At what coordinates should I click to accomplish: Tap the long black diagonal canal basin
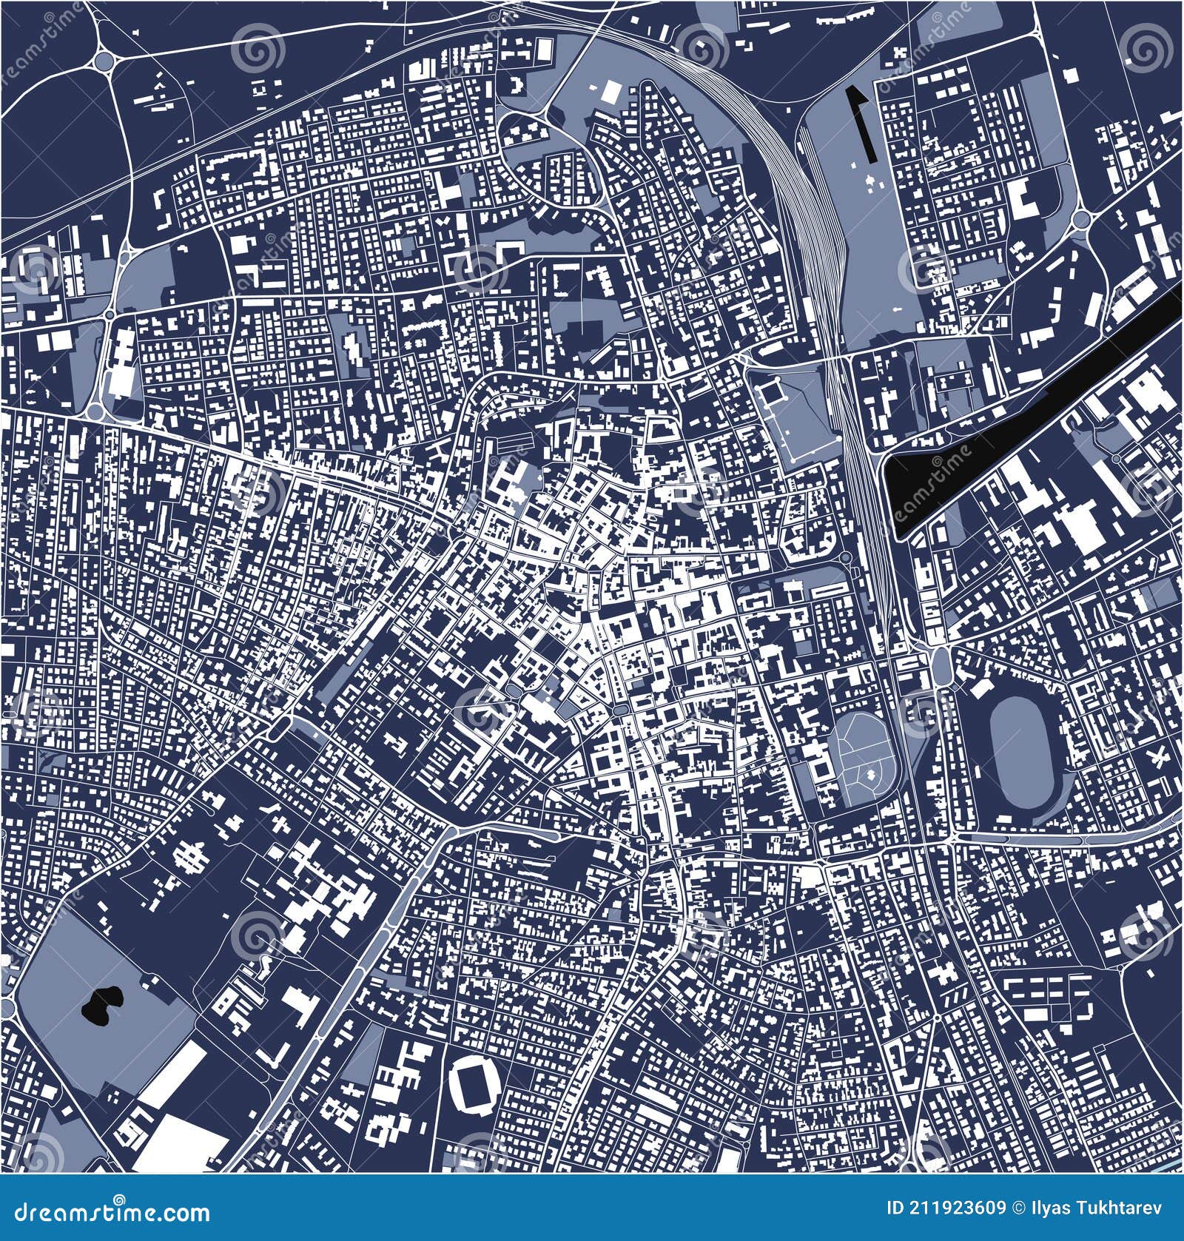[1036, 414]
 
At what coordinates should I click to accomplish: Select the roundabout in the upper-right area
[1082, 219]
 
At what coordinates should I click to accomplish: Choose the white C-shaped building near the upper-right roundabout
[1025, 198]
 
